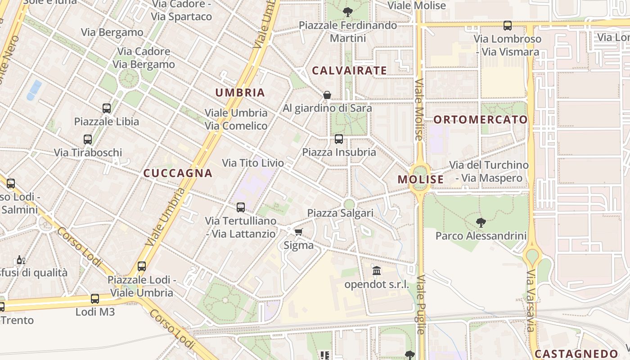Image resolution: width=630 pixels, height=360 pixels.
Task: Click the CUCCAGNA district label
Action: pos(177,173)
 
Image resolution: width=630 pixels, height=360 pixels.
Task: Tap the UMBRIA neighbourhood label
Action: pos(240,93)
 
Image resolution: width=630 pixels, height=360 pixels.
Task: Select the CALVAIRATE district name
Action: pos(349,71)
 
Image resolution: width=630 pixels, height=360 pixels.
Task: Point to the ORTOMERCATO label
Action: pos(481,120)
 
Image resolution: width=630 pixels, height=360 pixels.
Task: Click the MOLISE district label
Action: pos(420,180)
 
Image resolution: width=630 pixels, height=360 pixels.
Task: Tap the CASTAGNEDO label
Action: pos(576,354)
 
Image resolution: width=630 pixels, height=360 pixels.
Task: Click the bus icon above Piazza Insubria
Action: pos(339,139)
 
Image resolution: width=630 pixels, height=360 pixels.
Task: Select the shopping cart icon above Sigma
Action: pos(298,232)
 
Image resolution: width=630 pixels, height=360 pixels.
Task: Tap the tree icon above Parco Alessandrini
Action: pos(481,222)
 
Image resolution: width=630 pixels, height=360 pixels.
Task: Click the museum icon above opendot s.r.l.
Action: pos(377,271)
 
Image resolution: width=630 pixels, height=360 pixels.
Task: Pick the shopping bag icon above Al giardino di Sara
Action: pos(327,95)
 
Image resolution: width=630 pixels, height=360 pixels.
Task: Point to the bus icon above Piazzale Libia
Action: pos(107,108)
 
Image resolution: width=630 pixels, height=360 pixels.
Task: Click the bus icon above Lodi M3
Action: pos(95,298)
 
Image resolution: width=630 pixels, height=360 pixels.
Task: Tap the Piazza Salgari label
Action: pos(340,213)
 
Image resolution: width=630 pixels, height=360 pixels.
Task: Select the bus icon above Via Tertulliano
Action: pos(241,207)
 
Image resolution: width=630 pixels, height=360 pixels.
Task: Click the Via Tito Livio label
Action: pos(253,163)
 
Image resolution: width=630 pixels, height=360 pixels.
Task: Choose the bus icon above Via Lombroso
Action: pos(508,26)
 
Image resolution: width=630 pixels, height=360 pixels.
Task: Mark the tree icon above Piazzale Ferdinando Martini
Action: pos(347,12)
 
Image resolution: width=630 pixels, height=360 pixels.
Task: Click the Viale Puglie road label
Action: pos(421,305)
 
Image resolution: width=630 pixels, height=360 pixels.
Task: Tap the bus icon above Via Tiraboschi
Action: pos(88,139)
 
